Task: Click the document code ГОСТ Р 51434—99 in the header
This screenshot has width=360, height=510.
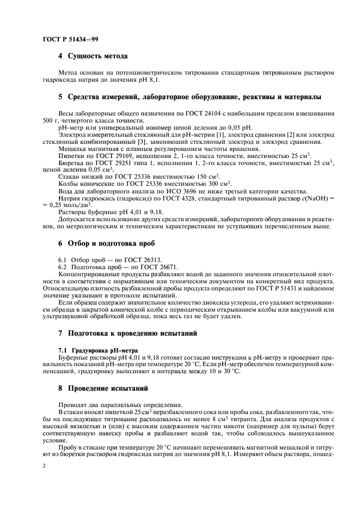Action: click(70, 39)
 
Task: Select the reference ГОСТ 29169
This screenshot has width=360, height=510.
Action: click(112, 156)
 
